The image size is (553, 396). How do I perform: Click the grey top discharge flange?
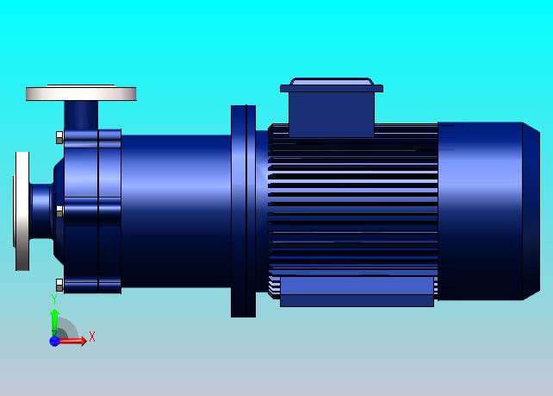coord(81,94)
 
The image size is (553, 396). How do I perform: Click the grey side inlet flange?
coord(22,211)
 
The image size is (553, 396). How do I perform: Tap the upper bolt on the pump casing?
coord(59,137)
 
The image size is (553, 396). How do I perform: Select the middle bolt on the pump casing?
coord(59,211)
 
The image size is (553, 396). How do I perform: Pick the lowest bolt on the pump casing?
coord(59,285)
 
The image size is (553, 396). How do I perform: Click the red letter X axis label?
coord(92,336)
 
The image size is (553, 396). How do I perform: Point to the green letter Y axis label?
coord(54,299)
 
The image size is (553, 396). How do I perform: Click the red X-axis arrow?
coord(73,341)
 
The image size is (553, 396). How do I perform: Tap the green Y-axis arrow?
coord(54,323)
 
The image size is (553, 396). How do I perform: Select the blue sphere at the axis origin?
coord(54,342)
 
